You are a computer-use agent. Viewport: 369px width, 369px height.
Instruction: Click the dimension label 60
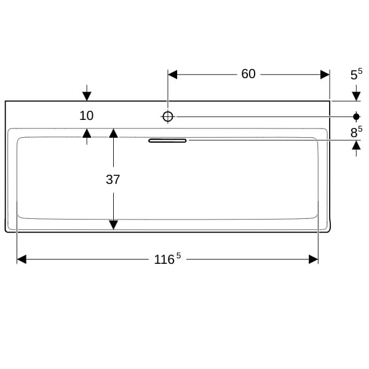(x=248, y=74)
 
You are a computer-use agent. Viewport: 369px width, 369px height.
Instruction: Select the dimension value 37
(x=113, y=180)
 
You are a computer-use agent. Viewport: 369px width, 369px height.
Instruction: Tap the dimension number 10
(x=86, y=116)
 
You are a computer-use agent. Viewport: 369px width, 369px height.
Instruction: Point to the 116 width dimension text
(x=164, y=260)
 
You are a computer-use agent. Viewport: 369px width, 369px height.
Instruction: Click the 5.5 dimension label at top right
(x=356, y=74)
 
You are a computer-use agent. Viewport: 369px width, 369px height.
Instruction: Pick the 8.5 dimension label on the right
(x=356, y=132)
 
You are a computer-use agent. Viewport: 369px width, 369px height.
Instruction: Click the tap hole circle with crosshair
(x=167, y=116)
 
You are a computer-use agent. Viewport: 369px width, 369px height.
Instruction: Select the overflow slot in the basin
(x=167, y=141)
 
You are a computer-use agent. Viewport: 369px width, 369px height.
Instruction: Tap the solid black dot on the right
(x=356, y=116)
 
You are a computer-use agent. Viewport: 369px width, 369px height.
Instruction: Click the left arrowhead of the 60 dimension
(x=172, y=74)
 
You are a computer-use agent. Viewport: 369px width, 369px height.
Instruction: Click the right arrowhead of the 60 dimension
(x=325, y=74)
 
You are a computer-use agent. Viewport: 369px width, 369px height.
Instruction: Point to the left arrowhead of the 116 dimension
(x=22, y=260)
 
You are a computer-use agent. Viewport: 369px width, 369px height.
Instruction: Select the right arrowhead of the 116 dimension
(x=314, y=260)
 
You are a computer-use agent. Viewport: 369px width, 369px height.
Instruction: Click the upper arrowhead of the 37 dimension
(x=113, y=133)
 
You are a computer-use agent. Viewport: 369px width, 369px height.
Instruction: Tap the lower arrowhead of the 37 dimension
(x=113, y=225)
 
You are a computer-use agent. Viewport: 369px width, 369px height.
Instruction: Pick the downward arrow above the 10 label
(x=87, y=93)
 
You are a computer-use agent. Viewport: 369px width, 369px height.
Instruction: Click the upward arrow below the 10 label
(x=87, y=137)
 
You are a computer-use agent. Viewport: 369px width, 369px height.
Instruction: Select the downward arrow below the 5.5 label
(x=356, y=93)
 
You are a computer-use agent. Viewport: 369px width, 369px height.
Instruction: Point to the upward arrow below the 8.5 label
(x=356, y=148)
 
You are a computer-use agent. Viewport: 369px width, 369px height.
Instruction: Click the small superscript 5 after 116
(x=178, y=256)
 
